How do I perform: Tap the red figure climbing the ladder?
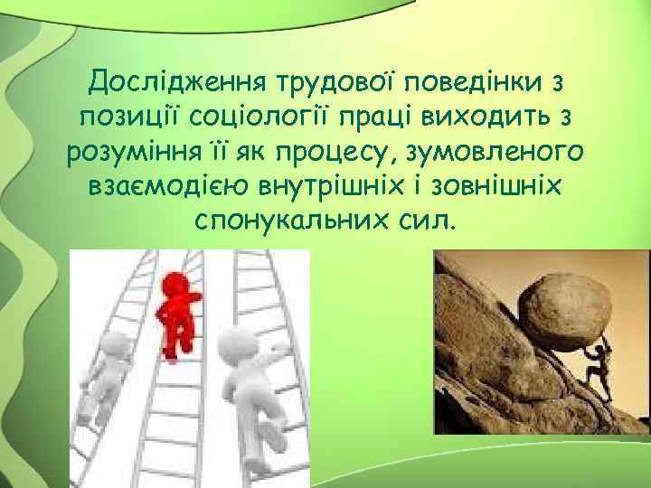pos(178,312)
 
